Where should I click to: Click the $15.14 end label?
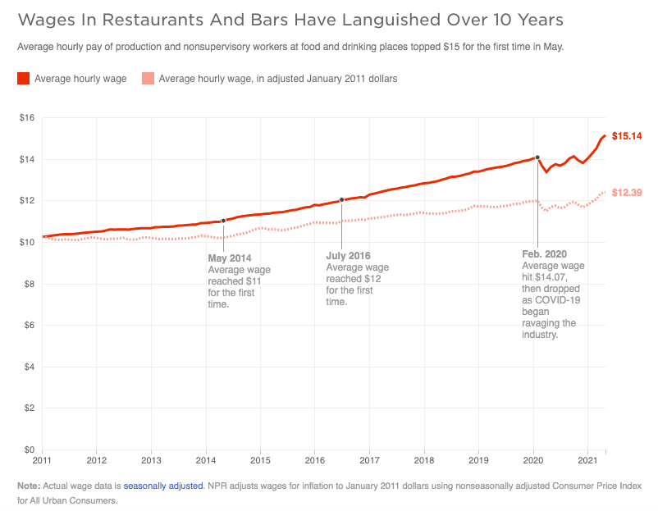(627, 135)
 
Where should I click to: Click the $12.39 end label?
(627, 192)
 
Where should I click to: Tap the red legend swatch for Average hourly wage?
(24, 79)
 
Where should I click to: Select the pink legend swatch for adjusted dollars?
(148, 79)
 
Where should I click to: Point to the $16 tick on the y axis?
(27, 118)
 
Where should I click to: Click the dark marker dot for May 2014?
(223, 221)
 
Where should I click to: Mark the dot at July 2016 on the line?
(341, 199)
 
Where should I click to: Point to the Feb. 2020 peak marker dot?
(537, 157)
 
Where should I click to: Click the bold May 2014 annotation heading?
(230, 258)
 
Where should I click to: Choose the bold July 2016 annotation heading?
(349, 255)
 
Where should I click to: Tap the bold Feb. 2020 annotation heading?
(545, 254)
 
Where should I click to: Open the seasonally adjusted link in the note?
(163, 486)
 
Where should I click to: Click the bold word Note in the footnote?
(28, 486)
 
